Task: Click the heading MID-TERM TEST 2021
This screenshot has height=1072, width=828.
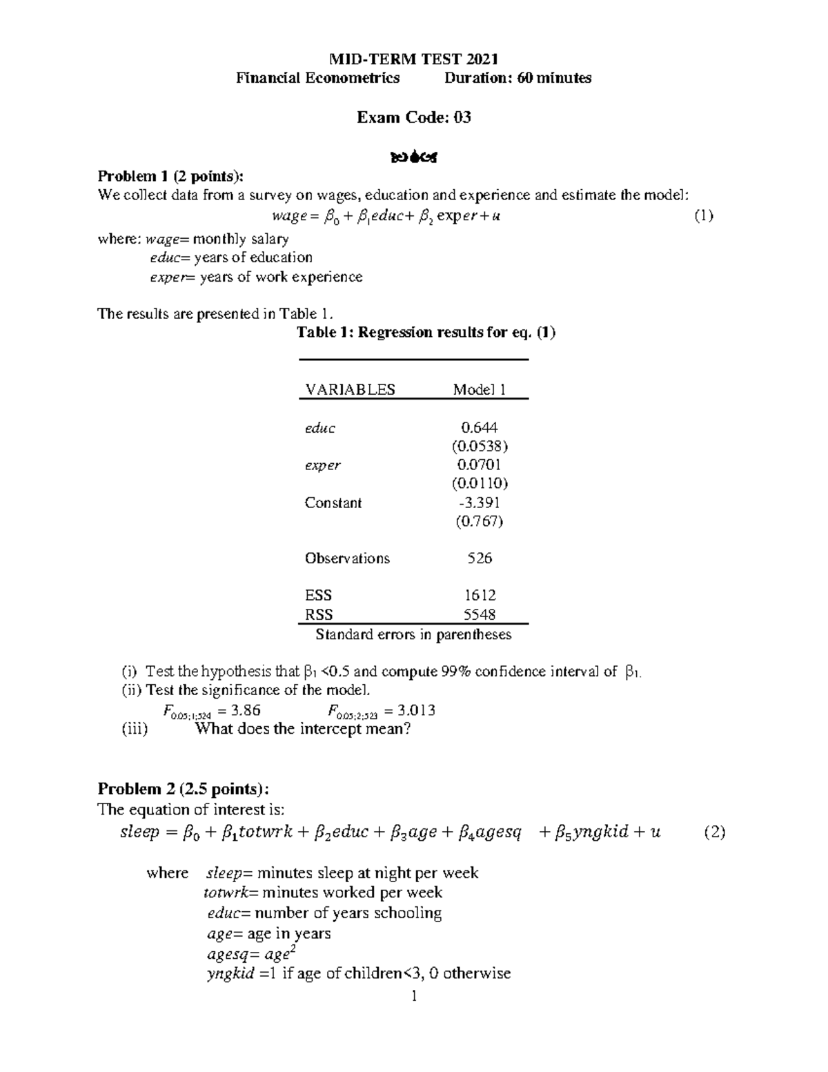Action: [x=413, y=59]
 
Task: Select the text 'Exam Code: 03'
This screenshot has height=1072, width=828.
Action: [x=413, y=117]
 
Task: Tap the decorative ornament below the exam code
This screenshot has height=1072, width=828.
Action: [x=414, y=158]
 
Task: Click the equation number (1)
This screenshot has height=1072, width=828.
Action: [x=703, y=216]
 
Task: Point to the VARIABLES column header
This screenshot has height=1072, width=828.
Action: [x=350, y=389]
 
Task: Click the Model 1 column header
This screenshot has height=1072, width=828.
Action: [x=480, y=389]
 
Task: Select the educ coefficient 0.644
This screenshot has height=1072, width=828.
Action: [x=480, y=428]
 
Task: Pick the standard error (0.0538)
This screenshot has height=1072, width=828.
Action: [x=480, y=446]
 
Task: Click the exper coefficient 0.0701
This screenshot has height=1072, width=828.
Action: [x=480, y=465]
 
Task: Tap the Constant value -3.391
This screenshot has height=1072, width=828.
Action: [x=480, y=503]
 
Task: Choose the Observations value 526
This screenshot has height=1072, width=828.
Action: [x=480, y=558]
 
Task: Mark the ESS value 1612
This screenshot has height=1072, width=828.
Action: [x=480, y=595]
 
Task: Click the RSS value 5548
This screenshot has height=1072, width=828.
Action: [x=480, y=614]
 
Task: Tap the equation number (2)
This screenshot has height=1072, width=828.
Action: [x=714, y=832]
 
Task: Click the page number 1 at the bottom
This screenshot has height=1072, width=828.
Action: [x=414, y=996]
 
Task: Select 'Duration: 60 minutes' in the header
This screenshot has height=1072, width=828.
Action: [x=517, y=78]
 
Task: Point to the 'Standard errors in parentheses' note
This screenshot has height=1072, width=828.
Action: [x=413, y=634]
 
